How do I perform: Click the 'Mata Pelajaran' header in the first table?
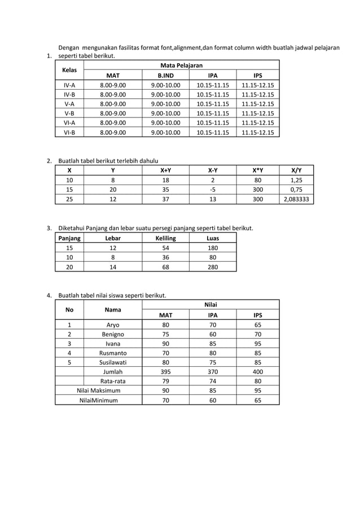coord(181,66)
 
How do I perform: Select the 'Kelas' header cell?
coord(69,71)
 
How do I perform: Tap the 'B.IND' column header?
coord(165,76)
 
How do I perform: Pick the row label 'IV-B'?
coord(69,95)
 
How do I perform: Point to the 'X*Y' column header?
coord(257,170)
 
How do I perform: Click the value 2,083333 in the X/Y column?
coord(299,200)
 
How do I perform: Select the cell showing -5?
coord(212,190)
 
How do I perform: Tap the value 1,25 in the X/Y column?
coord(299,180)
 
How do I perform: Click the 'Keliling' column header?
coord(165,238)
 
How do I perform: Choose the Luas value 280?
coord(213,267)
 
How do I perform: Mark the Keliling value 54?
coord(165,248)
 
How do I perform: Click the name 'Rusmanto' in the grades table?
coord(113,353)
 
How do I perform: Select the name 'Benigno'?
coord(113,334)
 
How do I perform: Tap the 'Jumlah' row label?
coord(113,372)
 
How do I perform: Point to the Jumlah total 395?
coord(165,372)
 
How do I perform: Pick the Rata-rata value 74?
coord(213,381)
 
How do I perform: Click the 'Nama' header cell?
coord(113,310)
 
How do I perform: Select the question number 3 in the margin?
coord(50,229)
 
